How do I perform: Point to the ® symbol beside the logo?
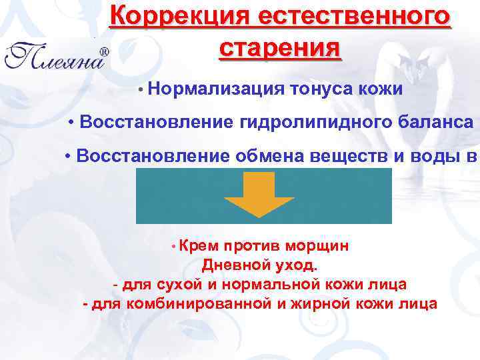(105, 51)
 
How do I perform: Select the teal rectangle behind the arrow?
(173, 195)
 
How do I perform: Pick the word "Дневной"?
(230, 265)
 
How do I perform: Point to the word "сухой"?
(179, 285)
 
